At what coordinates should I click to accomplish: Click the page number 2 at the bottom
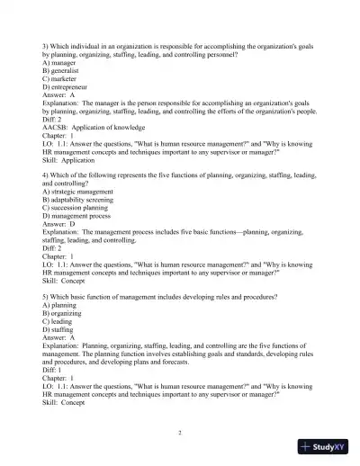[180, 433]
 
